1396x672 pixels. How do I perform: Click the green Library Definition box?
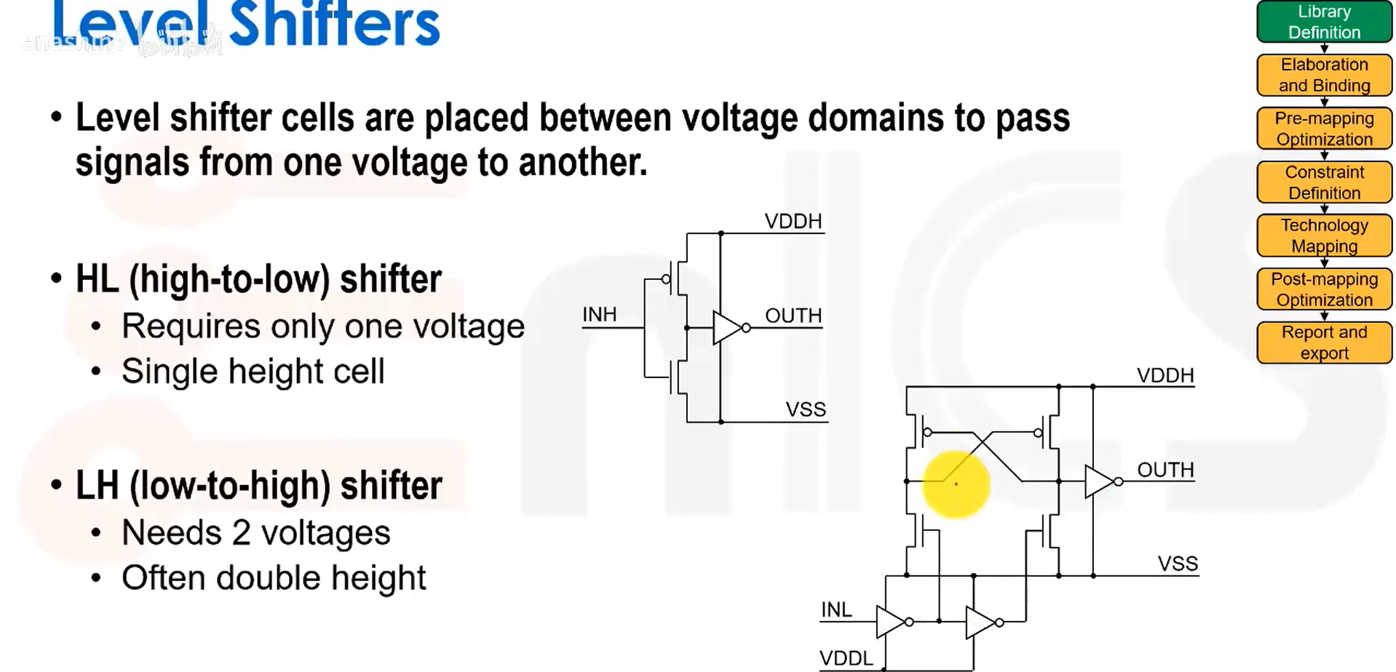coord(1324,22)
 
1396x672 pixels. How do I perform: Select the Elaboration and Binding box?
coord(1324,75)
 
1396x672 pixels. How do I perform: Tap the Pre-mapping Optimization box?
coord(1324,129)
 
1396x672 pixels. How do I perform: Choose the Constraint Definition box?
coord(1324,183)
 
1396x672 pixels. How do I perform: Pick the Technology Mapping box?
coord(1324,236)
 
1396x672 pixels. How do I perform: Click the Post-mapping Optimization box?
coord(1324,289)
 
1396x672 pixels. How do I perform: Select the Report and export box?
coord(1324,343)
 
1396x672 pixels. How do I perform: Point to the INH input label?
coord(599,315)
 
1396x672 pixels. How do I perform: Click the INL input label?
coord(836,609)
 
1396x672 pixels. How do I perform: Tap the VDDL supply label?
coord(846,658)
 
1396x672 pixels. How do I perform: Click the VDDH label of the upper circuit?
coord(793,221)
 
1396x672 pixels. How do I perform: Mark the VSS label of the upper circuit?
coord(806,409)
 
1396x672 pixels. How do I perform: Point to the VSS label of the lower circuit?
coord(1178,564)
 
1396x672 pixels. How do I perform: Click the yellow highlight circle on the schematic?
coord(956,484)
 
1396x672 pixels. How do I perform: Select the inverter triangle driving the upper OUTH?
coord(727,328)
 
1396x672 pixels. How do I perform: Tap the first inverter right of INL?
coord(890,622)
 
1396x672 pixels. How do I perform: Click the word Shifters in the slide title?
coord(334,25)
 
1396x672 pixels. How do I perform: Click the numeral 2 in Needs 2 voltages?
coord(241,533)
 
